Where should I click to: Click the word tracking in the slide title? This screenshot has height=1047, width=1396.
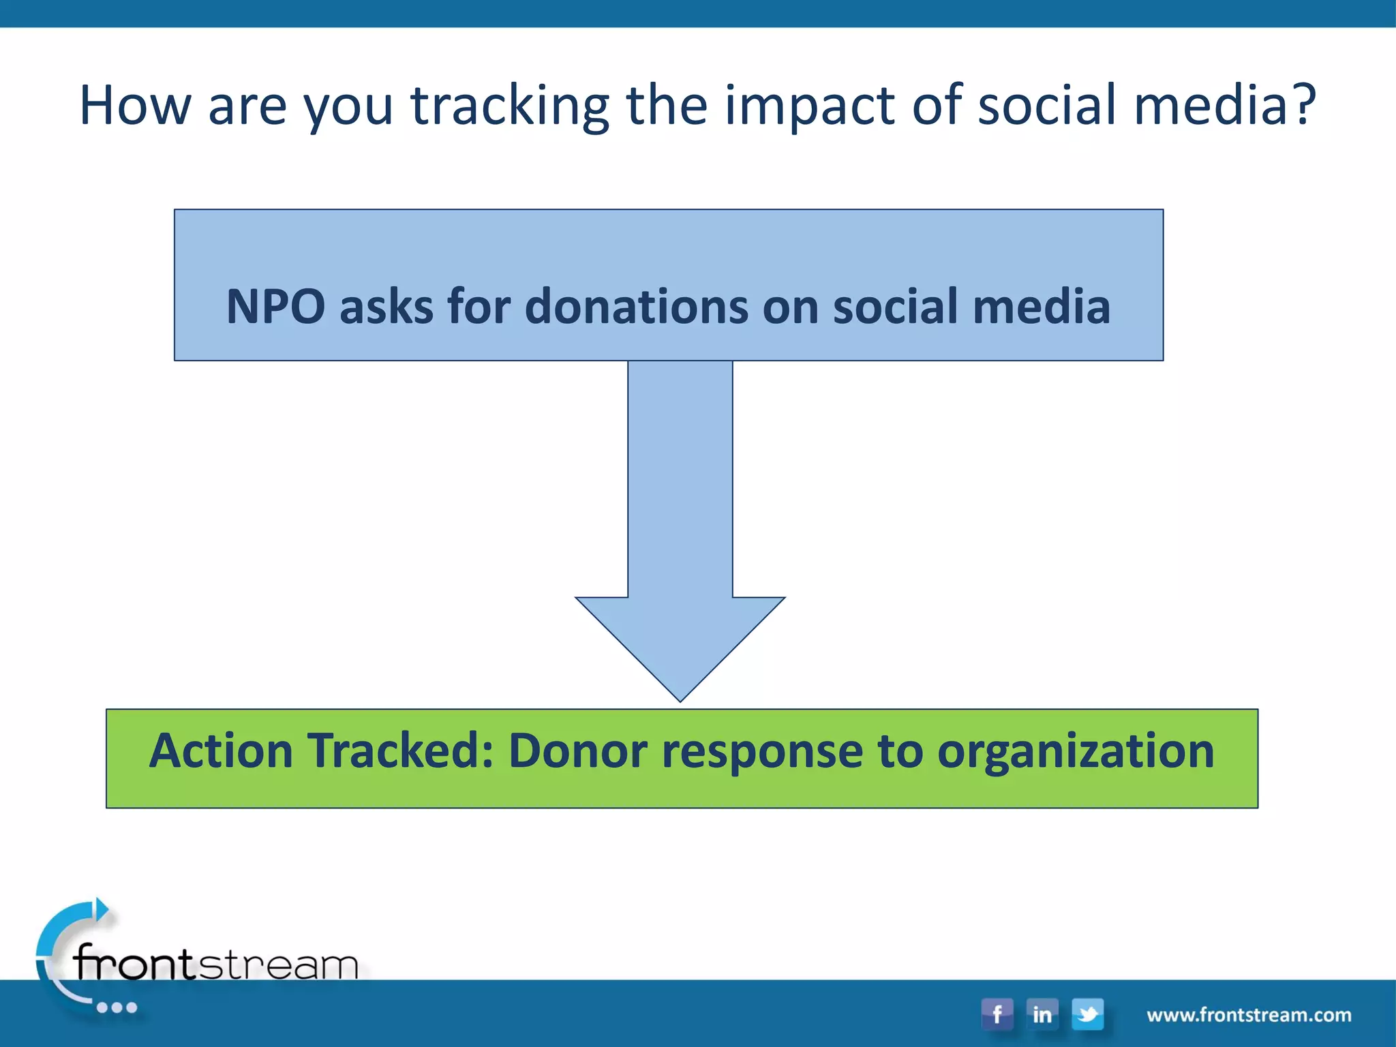coord(509,106)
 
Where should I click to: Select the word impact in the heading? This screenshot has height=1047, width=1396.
coord(809,106)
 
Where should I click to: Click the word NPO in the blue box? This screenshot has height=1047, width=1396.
coord(275,306)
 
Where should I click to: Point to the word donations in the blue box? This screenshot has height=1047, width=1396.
coord(636,306)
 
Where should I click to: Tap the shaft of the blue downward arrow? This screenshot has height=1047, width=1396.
coord(680,477)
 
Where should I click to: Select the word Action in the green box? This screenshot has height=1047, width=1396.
coord(221,750)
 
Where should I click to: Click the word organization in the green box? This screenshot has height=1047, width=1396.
coord(1075,752)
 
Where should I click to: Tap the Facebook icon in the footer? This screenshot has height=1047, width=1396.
coord(997,1014)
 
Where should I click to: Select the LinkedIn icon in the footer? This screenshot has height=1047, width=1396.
coord(1042,1014)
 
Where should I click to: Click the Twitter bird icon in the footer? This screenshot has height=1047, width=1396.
coord(1087,1014)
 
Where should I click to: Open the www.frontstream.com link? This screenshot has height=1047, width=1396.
coord(1249,1015)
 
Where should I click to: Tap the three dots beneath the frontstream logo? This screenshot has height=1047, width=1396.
coord(117,1007)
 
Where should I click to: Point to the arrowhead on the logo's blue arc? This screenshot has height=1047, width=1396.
coord(101,909)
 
